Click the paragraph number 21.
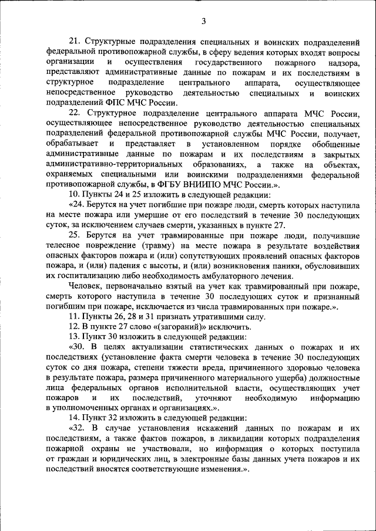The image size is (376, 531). tap(75, 42)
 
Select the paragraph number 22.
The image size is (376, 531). tap(75, 113)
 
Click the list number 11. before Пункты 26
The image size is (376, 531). tap(75, 316)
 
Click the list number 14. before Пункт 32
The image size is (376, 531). tap(75, 418)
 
